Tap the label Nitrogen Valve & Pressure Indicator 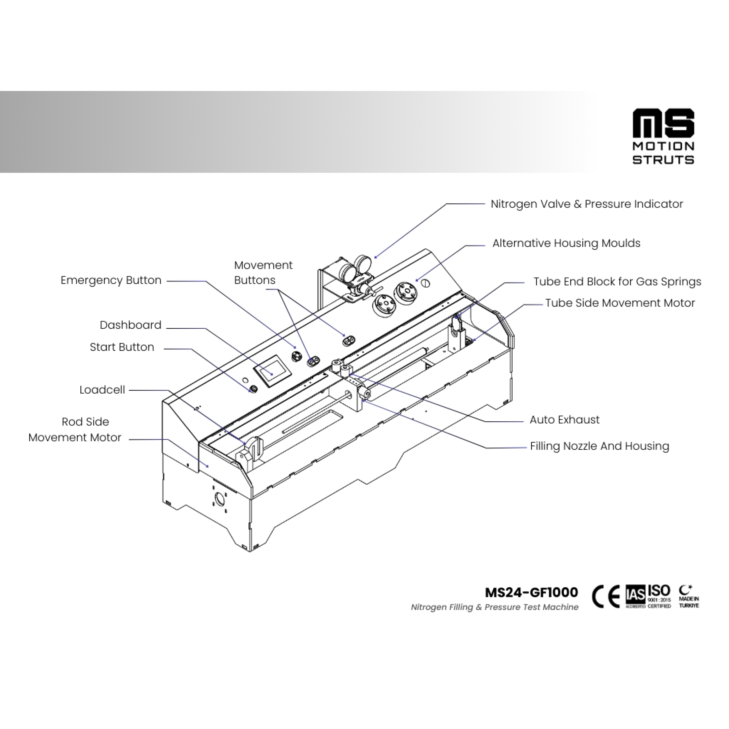(586, 204)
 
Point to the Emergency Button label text (111, 280)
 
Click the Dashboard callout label (130, 325)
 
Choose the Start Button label (122, 347)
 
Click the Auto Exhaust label (564, 420)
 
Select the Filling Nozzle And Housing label (599, 446)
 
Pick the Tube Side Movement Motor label (620, 303)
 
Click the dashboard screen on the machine (272, 371)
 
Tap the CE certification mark (606, 596)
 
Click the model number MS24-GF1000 (531, 593)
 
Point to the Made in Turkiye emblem (689, 596)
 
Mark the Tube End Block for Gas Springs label (617, 281)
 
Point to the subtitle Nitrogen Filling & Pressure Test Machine (494, 607)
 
